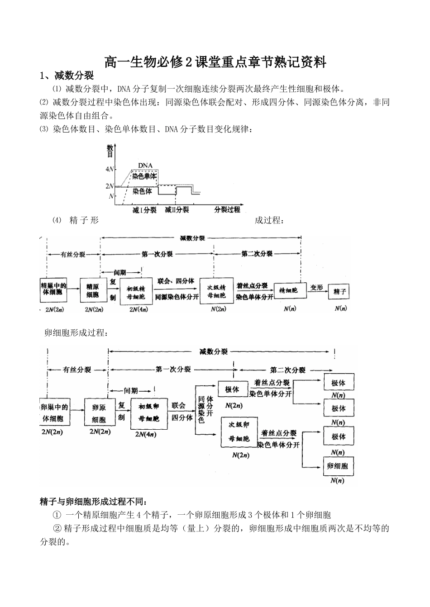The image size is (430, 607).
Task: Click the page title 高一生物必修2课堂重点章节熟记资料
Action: [215, 62]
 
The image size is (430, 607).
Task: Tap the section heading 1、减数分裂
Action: [66, 75]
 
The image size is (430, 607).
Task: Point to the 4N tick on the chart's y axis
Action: [110, 169]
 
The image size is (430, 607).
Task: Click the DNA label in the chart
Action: [144, 166]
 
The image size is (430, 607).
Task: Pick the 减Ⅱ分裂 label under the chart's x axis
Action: [177, 210]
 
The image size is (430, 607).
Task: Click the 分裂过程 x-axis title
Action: [227, 210]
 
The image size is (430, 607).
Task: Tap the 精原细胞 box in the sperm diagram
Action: [93, 290]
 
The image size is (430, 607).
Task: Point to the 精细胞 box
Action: [288, 291]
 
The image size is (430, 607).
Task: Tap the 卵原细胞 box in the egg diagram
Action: [99, 412]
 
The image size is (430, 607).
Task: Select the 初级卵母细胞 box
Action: [149, 413]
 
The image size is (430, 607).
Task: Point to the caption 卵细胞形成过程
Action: [76, 333]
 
